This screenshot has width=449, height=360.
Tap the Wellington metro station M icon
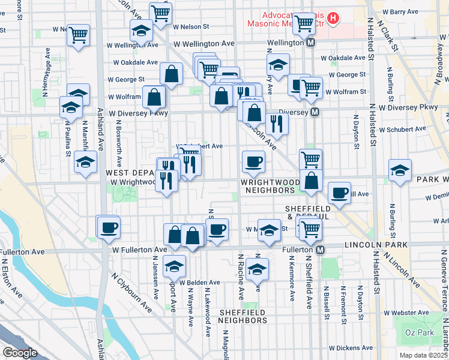click(311, 43)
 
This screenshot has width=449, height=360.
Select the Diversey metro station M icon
click(315, 112)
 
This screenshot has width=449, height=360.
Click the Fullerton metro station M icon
click(321, 250)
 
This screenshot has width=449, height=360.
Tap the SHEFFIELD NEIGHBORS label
click(243, 316)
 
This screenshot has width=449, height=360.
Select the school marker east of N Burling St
click(400, 170)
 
